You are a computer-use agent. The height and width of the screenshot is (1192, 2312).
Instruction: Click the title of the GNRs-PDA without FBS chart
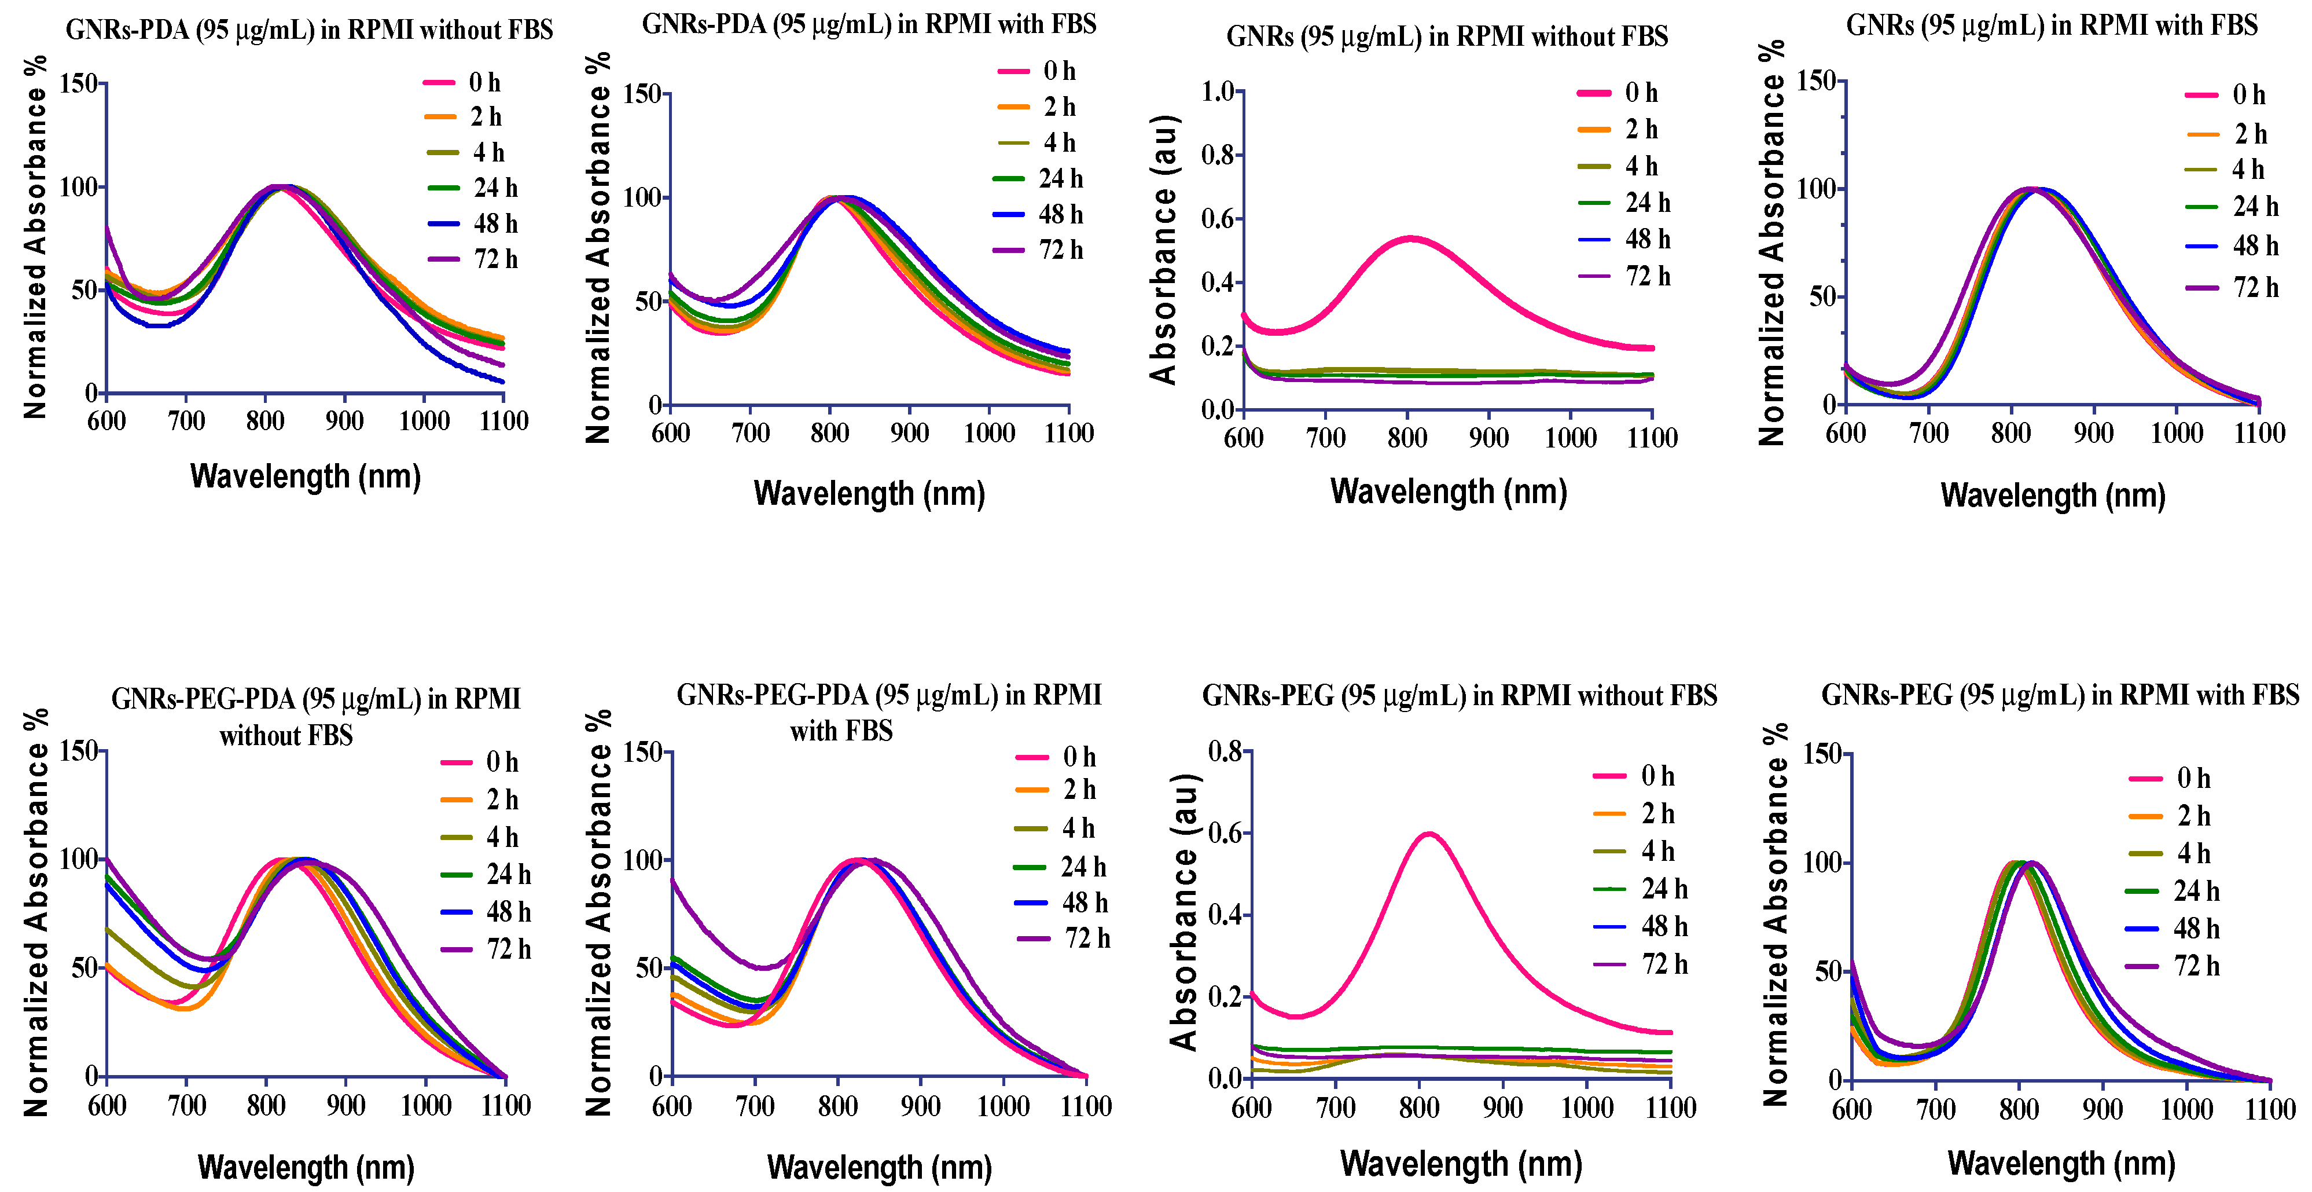(x=308, y=30)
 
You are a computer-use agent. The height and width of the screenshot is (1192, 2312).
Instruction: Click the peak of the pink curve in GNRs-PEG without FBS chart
(x=1428, y=834)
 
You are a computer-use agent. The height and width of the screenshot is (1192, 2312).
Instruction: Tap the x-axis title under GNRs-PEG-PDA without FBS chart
(x=306, y=1167)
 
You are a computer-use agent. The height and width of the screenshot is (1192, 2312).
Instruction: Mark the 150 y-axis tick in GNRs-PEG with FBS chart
(x=1822, y=754)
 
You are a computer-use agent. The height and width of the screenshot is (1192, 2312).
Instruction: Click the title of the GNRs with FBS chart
(x=2052, y=25)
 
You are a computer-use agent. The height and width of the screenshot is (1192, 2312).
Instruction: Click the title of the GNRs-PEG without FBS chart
(x=1460, y=696)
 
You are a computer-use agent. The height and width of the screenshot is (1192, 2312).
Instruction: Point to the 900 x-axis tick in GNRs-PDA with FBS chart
(x=909, y=434)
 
